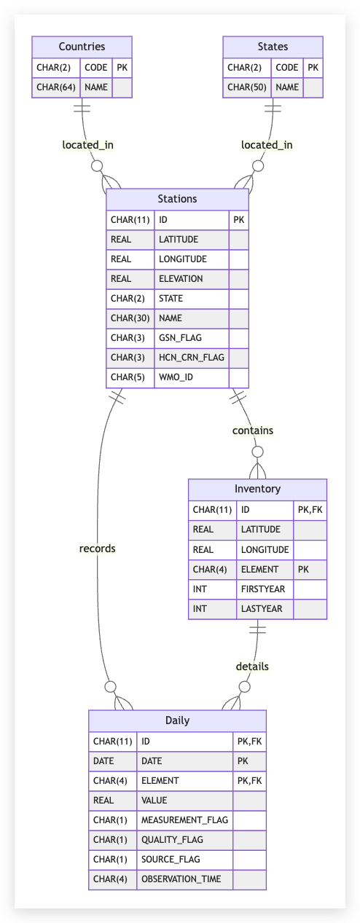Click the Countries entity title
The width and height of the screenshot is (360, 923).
pyautogui.click(x=82, y=47)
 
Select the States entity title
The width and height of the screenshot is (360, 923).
pyautogui.click(x=273, y=47)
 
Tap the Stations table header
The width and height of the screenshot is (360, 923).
pyautogui.click(x=177, y=199)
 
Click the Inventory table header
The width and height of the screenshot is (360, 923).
pyautogui.click(x=257, y=489)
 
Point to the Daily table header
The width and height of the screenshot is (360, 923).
pyautogui.click(x=177, y=720)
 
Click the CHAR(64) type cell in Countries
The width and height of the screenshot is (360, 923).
pyautogui.click(x=56, y=87)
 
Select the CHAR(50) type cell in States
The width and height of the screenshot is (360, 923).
pyautogui.click(x=247, y=87)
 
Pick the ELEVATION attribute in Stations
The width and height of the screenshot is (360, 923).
pyautogui.click(x=181, y=279)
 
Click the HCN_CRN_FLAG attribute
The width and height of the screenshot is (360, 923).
pyautogui.click(x=192, y=357)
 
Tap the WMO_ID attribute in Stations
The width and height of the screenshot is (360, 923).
pyautogui.click(x=176, y=377)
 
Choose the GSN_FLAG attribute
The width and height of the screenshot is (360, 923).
pyautogui.click(x=180, y=338)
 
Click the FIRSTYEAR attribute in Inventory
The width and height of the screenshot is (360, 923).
pyautogui.click(x=263, y=589)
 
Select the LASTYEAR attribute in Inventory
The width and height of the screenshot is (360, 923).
pyautogui.click(x=262, y=609)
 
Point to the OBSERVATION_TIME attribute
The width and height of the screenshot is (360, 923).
pyautogui.click(x=181, y=879)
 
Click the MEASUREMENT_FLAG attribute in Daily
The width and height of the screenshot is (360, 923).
pyautogui.click(x=184, y=820)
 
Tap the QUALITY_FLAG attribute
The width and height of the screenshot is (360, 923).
pyautogui.click(x=172, y=840)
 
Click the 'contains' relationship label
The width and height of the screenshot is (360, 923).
pyautogui.click(x=253, y=431)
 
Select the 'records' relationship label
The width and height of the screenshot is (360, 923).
pyautogui.click(x=98, y=549)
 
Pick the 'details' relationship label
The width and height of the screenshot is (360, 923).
pyautogui.click(x=252, y=667)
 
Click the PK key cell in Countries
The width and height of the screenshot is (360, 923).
pyautogui.click(x=122, y=68)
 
